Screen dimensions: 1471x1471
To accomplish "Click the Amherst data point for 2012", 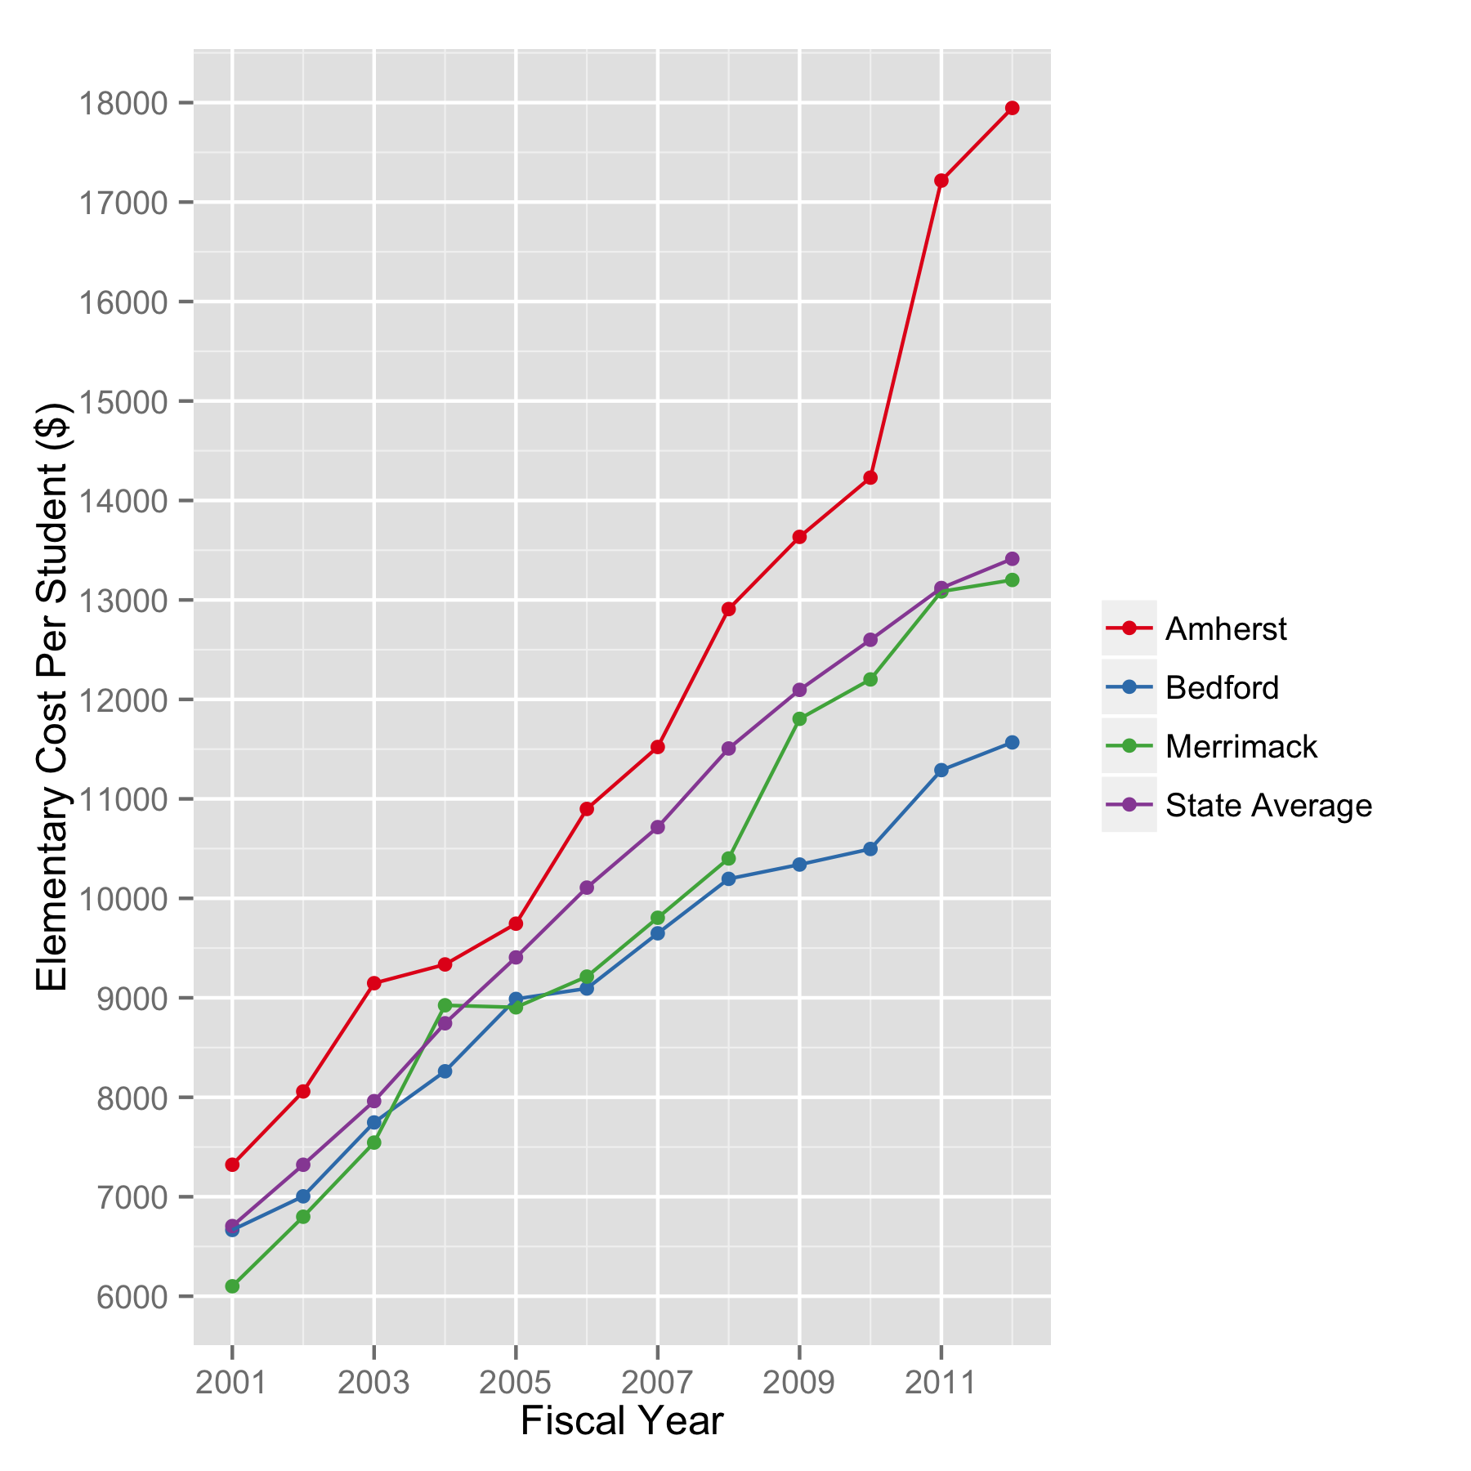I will pyautogui.click(x=1012, y=108).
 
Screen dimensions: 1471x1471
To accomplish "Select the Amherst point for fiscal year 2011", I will pyautogui.click(x=941, y=181).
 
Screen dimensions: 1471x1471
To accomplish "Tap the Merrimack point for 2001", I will pyautogui.click(x=232, y=1286).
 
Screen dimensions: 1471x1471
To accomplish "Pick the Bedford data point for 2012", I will pyautogui.click(x=1012, y=743).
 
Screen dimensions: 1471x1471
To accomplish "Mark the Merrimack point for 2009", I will pyautogui.click(x=799, y=719).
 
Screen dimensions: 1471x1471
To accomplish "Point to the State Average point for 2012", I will pyautogui.click(x=1012, y=559).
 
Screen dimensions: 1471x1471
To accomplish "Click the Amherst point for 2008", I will pyautogui.click(x=728, y=609).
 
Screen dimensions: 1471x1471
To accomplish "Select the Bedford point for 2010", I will pyautogui.click(x=870, y=849).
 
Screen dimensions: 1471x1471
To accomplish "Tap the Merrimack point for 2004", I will pyautogui.click(x=445, y=1005).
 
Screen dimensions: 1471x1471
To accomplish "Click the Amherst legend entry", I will pyautogui.click(x=1226, y=628).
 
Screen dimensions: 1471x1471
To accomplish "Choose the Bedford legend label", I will pyautogui.click(x=1222, y=687).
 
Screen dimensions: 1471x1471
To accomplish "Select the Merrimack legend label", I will pyautogui.click(x=1241, y=746).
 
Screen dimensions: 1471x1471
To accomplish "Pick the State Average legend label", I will pyautogui.click(x=1268, y=805).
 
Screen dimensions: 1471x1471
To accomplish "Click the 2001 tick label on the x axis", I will pyautogui.click(x=232, y=1383).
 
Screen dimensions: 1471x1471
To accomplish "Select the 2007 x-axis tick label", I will pyautogui.click(x=657, y=1383).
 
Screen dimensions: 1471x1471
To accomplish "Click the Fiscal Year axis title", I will pyautogui.click(x=622, y=1421).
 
